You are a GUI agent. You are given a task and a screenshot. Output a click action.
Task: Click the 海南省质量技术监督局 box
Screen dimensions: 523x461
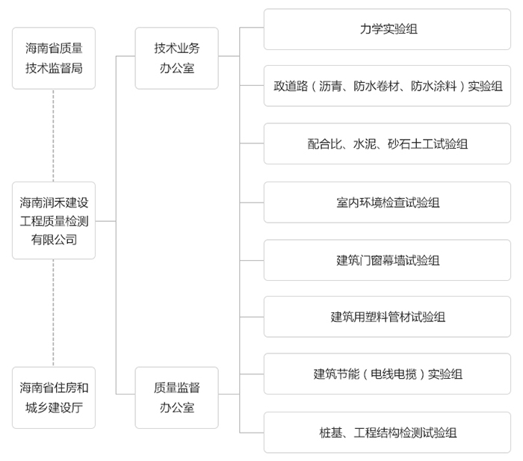tap(54, 58)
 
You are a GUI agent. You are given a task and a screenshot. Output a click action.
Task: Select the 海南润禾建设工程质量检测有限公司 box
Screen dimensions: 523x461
tap(54, 220)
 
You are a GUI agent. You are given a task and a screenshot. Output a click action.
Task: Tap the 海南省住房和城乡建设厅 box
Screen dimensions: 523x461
tap(54, 397)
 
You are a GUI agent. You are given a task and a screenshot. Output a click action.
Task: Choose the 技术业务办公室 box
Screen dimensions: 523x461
tap(177, 58)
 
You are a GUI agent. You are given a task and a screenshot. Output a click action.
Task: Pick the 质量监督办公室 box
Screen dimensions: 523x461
tap(177, 397)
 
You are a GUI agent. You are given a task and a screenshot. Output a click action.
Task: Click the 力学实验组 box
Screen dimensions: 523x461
tap(387, 29)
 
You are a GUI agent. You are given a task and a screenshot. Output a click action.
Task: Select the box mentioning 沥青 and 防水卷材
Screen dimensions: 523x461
tap(387, 86)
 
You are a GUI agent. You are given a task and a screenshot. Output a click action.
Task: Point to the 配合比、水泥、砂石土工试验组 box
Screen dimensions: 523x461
tap(387, 143)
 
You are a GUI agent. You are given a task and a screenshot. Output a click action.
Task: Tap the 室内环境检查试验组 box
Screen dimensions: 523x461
tap(387, 202)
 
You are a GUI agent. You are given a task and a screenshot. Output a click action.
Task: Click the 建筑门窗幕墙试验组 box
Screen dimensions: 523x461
tap(387, 260)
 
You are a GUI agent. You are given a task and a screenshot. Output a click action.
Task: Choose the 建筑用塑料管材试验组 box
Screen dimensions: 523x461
tap(387, 317)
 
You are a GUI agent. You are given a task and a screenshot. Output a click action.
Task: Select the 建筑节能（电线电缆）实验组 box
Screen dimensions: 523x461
tap(387, 374)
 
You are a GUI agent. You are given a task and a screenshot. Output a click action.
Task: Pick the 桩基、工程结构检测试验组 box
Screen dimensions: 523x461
tap(387, 433)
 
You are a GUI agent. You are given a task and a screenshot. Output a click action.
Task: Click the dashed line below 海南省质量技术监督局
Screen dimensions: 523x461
tap(53, 135)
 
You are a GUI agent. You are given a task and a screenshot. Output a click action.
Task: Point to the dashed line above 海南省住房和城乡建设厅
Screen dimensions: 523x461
tap(53, 313)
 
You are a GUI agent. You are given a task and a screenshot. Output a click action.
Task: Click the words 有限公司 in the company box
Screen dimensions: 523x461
tap(54, 240)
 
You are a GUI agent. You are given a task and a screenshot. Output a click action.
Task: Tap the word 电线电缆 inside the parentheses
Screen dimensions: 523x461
tap(394, 374)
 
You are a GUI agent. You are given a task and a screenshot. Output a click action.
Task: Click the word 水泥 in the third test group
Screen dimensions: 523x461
tap(365, 144)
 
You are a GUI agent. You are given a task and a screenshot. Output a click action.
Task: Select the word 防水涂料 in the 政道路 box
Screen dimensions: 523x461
tap(433, 86)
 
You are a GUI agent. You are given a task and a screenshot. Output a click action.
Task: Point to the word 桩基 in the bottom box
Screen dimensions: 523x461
tap(330, 433)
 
